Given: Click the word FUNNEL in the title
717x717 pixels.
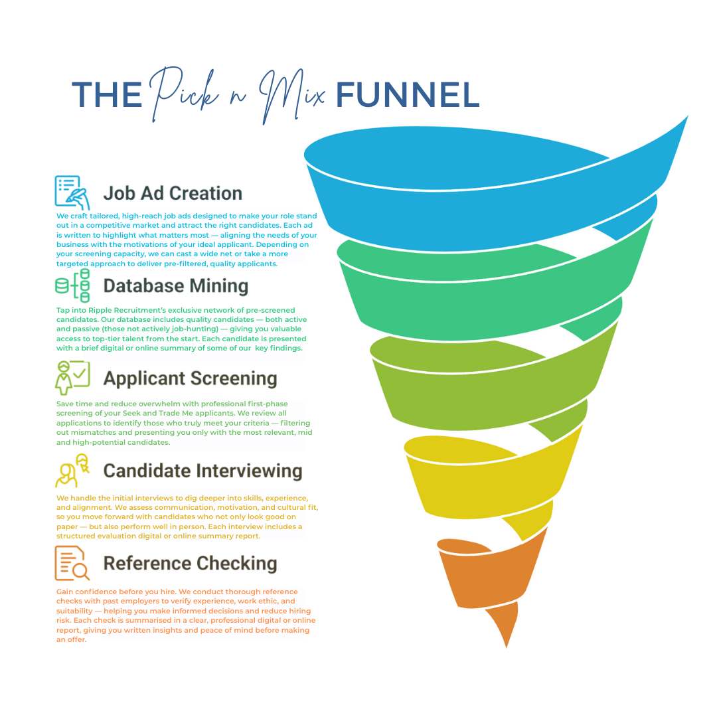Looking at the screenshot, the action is (407, 95).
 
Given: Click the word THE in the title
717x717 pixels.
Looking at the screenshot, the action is (106, 95).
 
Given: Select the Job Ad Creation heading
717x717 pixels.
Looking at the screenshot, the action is (173, 193).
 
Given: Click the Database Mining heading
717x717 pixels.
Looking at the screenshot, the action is (175, 286).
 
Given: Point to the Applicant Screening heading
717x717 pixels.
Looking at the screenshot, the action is (190, 378).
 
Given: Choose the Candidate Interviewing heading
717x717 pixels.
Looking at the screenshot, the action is (202, 471).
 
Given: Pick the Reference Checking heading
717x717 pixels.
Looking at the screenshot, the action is (190, 563).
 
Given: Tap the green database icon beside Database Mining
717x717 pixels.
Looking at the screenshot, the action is (72, 285).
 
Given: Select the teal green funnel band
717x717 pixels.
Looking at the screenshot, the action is (491, 292).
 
